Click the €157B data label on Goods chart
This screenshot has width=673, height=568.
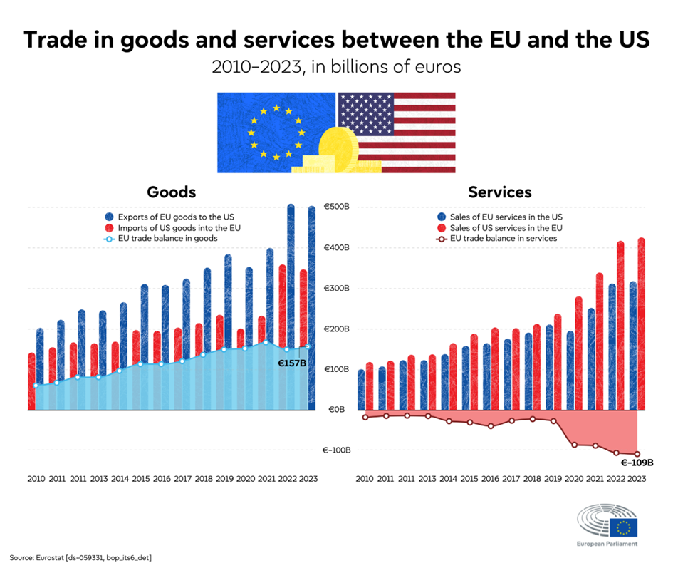point(291,362)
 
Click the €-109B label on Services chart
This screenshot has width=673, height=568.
point(637,462)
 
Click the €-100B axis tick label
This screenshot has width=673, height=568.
point(335,450)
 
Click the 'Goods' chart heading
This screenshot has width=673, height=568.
point(171,192)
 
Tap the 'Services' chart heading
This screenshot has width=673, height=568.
point(499,192)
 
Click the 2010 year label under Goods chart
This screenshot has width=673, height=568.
point(36,480)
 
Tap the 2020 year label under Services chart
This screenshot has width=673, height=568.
point(573,480)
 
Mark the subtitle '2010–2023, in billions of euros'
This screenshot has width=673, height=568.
point(336,67)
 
